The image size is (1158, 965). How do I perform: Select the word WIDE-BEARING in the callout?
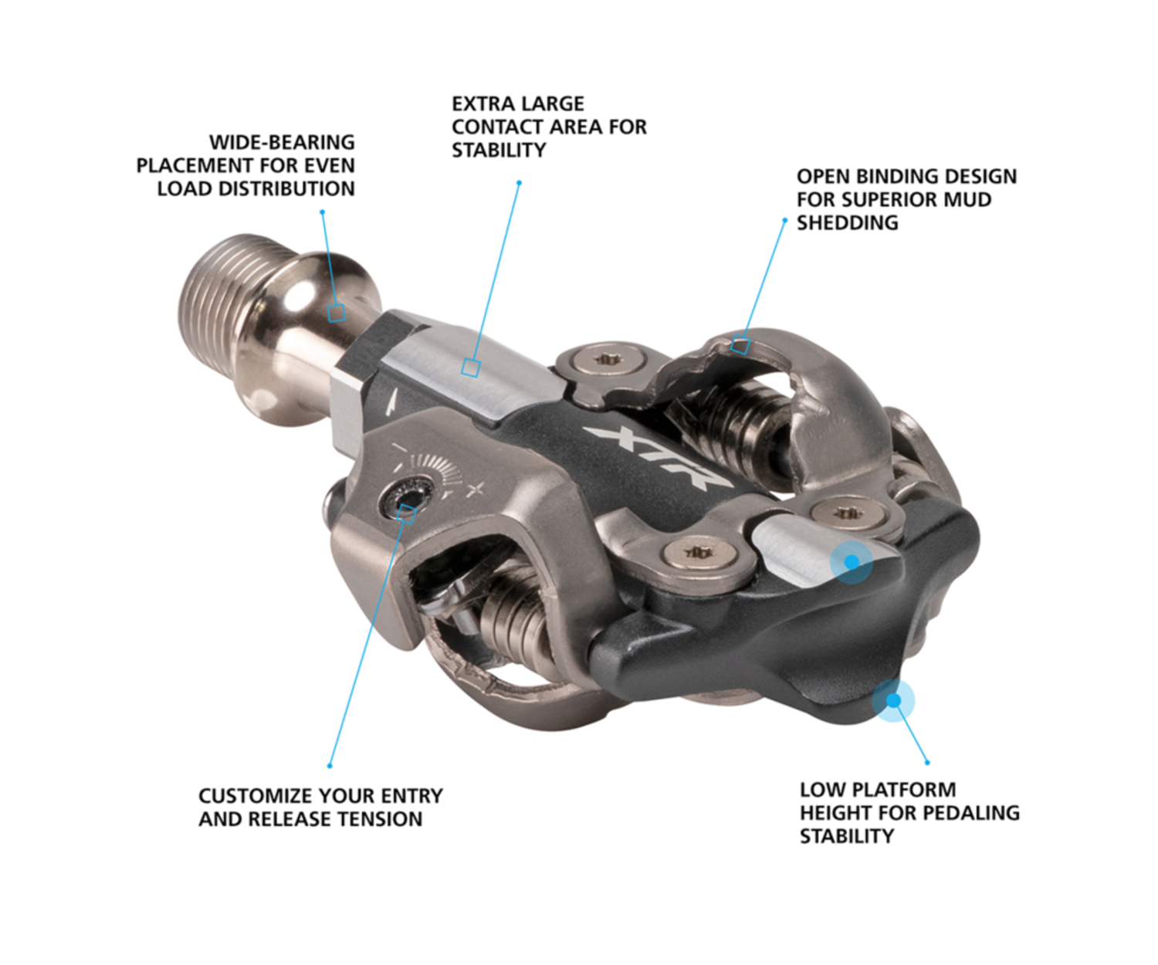tap(282, 143)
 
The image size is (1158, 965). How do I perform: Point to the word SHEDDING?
tap(848, 222)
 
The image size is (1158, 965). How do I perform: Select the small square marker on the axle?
tap(336, 313)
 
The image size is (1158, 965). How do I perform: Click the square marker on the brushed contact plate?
tap(471, 367)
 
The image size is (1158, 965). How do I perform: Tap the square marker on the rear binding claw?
tap(740, 345)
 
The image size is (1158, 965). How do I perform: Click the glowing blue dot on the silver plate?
tap(852, 562)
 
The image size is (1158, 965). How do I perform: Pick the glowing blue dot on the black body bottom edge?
tap(893, 700)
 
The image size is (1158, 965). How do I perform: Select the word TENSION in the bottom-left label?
tap(381, 819)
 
